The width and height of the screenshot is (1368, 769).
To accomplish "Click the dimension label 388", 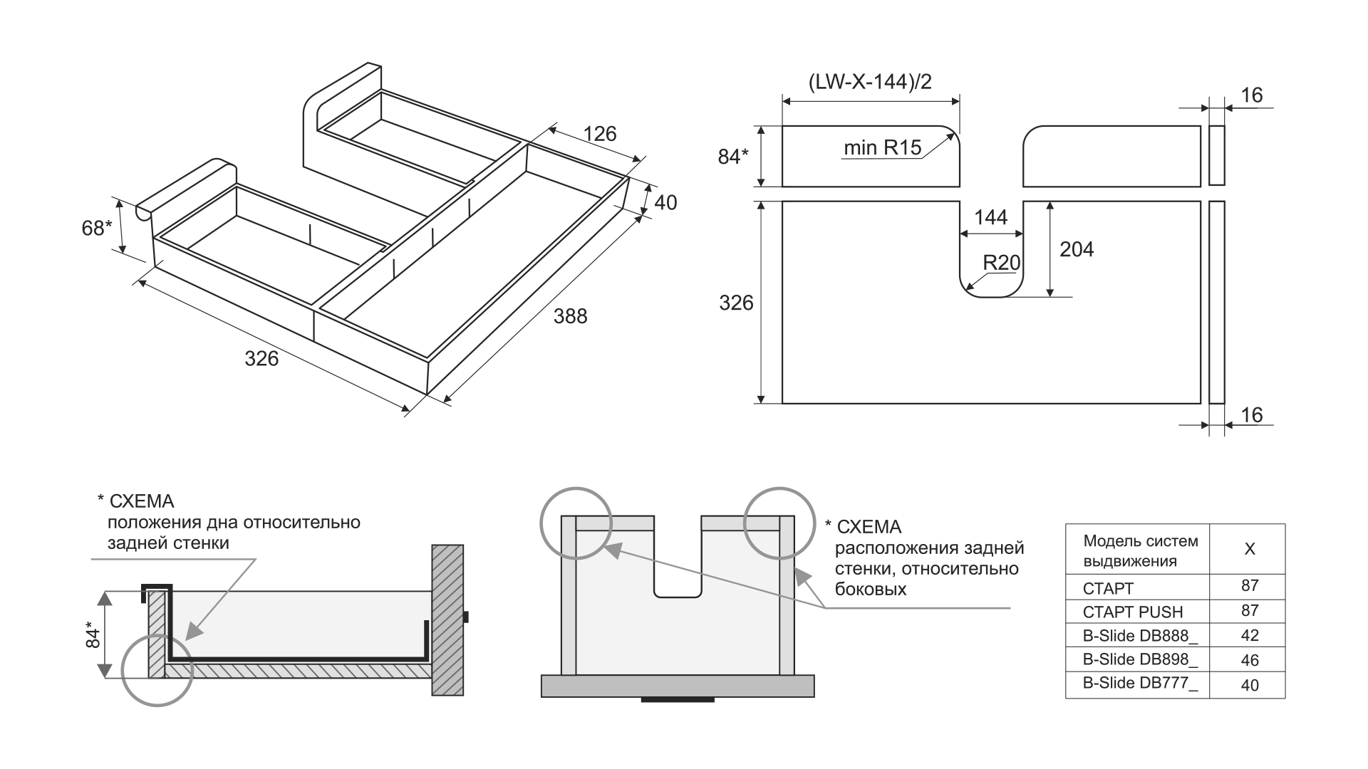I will [570, 315].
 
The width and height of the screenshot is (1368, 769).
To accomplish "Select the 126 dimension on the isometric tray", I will [599, 134].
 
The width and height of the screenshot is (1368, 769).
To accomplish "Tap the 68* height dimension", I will [96, 228].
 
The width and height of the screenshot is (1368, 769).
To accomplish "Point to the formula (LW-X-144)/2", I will [870, 82].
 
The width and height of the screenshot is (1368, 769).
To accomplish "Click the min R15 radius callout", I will [882, 148].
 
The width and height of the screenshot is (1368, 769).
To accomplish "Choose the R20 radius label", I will [1001, 263].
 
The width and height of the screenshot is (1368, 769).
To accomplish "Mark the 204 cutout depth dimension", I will [1076, 249].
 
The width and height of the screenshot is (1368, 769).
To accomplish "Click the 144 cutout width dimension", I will [990, 217].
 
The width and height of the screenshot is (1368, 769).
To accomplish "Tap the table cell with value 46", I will [1249, 660].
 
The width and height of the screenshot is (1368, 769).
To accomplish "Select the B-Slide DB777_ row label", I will [1140, 683].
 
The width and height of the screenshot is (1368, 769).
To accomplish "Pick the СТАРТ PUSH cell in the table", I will [1132, 612].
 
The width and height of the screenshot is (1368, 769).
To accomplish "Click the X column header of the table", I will [1249, 549].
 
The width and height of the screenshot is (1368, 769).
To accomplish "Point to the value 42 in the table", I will [1249, 635].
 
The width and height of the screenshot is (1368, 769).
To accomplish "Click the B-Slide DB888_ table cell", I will [1140, 636].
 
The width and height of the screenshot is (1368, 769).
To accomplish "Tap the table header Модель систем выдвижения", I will [1140, 550].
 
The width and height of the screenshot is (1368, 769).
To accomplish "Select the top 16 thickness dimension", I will [1251, 95].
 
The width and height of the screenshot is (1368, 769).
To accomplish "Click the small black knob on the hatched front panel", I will [465, 617].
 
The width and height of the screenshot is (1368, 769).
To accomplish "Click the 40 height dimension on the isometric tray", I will [665, 203].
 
